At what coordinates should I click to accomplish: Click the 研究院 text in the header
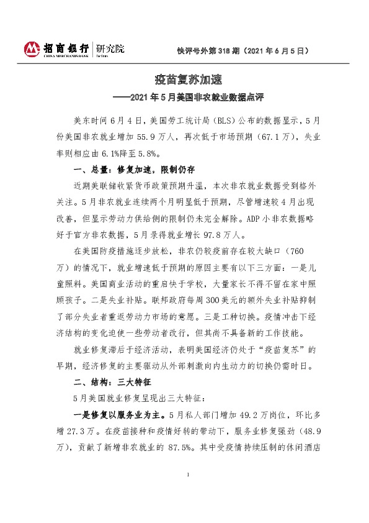point(109,47)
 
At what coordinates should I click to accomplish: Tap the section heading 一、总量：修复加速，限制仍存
point(135,169)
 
